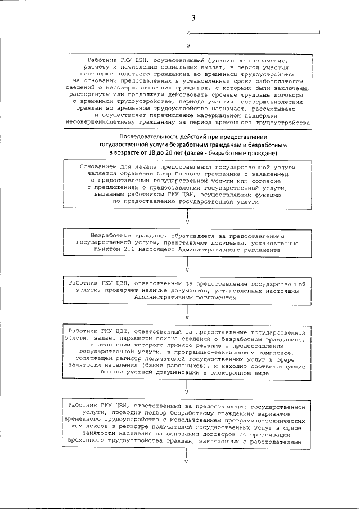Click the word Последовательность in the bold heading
point(151,137)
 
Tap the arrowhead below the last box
point(187,462)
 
